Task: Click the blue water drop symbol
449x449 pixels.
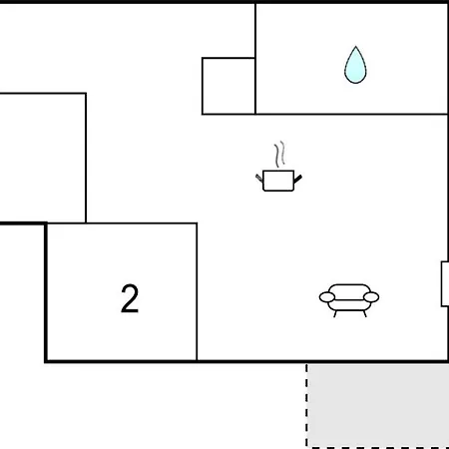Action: coord(355,67)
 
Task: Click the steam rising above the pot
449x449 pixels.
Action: coord(280,154)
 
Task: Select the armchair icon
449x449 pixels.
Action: coord(349,300)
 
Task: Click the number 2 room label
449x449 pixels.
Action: coord(130,298)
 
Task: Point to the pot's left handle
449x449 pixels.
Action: coord(259,178)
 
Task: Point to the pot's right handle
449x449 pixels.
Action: coord(298,179)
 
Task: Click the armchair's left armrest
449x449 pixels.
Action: coord(327,297)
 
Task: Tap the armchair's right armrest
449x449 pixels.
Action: coord(371,297)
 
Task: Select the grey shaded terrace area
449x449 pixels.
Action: coord(378,405)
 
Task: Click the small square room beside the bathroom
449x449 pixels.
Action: coord(228,86)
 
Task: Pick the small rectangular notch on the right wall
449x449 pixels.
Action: coord(445,283)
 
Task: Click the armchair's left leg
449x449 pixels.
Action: coord(335,314)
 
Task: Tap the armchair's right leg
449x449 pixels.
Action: coord(365,314)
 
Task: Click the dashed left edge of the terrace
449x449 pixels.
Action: coord(306,405)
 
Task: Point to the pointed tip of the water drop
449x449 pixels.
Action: coord(355,46)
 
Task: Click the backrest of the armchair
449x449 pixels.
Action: coord(349,289)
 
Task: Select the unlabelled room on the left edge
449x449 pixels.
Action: coord(43,158)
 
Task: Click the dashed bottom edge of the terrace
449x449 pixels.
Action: coord(378,447)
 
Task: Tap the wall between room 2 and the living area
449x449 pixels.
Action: coord(197,291)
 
